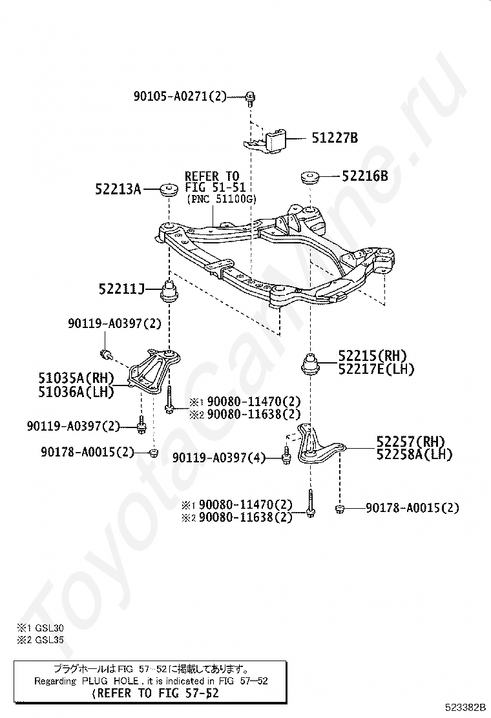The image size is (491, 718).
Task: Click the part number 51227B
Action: [335, 138]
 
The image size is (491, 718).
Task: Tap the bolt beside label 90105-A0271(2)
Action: [250, 98]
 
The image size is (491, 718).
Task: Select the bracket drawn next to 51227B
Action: [265, 140]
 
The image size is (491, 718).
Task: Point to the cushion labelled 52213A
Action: [169, 189]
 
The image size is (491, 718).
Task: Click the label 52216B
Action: [364, 176]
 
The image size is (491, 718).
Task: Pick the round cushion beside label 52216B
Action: [309, 177]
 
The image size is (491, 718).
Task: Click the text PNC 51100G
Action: [222, 200]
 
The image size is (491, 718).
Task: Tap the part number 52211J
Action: [121, 289]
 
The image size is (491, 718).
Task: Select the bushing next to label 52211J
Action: [170, 291]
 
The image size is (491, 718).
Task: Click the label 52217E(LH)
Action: [376, 369]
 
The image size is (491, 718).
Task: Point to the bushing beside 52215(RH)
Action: [310, 363]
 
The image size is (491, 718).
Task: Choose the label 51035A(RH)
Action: [76, 378]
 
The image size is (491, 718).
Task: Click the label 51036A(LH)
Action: [76, 391]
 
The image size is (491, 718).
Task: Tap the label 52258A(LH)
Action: [414, 455]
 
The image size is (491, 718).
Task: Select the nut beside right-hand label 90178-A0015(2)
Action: [339, 509]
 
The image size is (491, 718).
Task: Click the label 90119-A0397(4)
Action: [219, 457]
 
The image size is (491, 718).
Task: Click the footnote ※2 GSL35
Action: [40, 640]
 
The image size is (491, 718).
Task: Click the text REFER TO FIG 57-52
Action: [155, 693]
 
